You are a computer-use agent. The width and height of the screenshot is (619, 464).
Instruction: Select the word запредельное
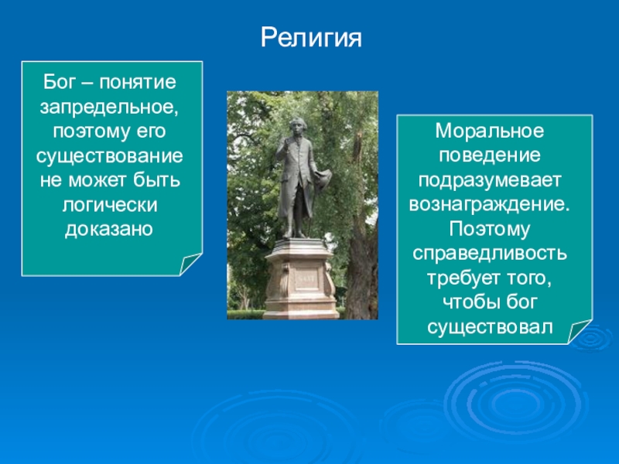(x=109, y=107)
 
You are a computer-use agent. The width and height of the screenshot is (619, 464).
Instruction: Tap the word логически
(x=110, y=206)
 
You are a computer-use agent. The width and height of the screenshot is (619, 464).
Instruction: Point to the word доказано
(x=109, y=229)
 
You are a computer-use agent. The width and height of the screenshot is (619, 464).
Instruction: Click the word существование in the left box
(x=110, y=156)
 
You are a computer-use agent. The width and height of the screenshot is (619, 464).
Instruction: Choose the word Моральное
(x=490, y=131)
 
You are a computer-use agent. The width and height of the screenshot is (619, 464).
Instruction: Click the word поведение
(x=490, y=155)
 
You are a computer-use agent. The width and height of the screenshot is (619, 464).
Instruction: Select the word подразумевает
(x=490, y=181)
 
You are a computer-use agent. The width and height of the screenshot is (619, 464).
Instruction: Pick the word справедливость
(x=490, y=254)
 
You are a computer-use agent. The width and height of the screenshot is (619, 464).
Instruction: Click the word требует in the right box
(x=459, y=278)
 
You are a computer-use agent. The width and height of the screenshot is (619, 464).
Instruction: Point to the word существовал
(x=490, y=327)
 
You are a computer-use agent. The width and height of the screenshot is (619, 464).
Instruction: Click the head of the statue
(x=295, y=125)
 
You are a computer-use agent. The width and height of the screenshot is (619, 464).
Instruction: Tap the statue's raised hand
(x=283, y=144)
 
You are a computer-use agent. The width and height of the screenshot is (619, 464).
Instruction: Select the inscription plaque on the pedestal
(x=306, y=278)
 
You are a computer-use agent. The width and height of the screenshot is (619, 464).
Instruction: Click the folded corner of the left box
(x=190, y=263)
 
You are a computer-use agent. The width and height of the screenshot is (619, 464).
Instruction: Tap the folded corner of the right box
(x=579, y=331)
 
